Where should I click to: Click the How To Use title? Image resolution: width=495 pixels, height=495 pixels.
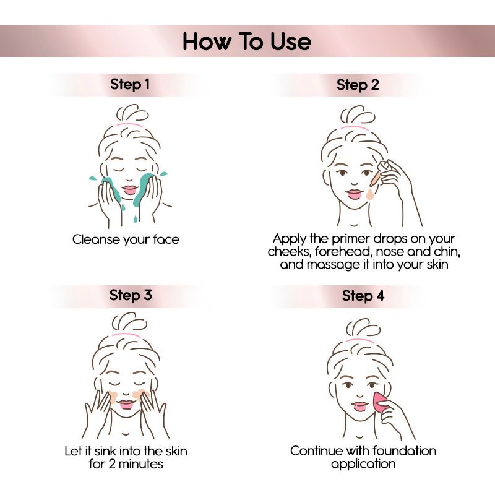pyautogui.click(x=247, y=41)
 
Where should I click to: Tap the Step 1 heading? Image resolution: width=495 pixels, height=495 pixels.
pyautogui.click(x=130, y=84)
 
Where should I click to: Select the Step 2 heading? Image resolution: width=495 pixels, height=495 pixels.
pyautogui.click(x=358, y=85)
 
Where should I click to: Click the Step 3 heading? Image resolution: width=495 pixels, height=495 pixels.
pyautogui.click(x=131, y=295)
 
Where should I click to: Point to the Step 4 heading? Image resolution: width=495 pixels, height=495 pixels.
pyautogui.click(x=363, y=296)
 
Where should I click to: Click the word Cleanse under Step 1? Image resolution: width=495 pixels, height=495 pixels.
pyautogui.click(x=93, y=239)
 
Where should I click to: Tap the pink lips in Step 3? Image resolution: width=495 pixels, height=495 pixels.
pyautogui.click(x=126, y=405)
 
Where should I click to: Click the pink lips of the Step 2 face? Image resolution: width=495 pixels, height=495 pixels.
pyautogui.click(x=354, y=194)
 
